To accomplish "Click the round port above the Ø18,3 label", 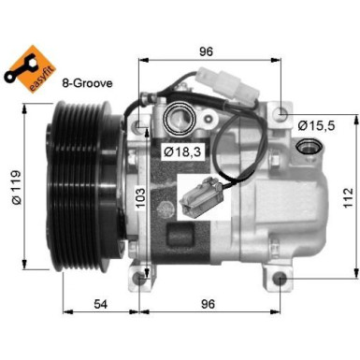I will tap(179, 119).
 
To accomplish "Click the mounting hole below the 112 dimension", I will tap(282, 278).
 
